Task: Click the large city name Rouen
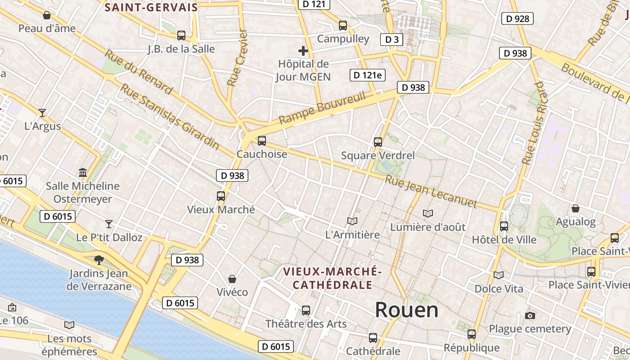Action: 406,310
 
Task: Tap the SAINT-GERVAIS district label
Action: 151,7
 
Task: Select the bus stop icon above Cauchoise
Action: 262,141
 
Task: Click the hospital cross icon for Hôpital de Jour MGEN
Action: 303,51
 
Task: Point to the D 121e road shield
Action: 367,75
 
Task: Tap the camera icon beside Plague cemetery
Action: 530,315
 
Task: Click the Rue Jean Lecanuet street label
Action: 431,191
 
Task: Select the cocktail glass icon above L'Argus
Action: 42,112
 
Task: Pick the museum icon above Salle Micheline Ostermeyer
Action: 83,172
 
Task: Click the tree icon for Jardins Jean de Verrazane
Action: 98,260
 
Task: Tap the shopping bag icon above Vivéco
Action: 232,279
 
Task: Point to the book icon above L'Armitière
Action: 352,221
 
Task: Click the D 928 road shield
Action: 517,18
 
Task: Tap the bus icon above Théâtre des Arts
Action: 306,310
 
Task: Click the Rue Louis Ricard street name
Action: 534,123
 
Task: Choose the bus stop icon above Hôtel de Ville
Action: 504,226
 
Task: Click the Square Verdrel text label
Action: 378,156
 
